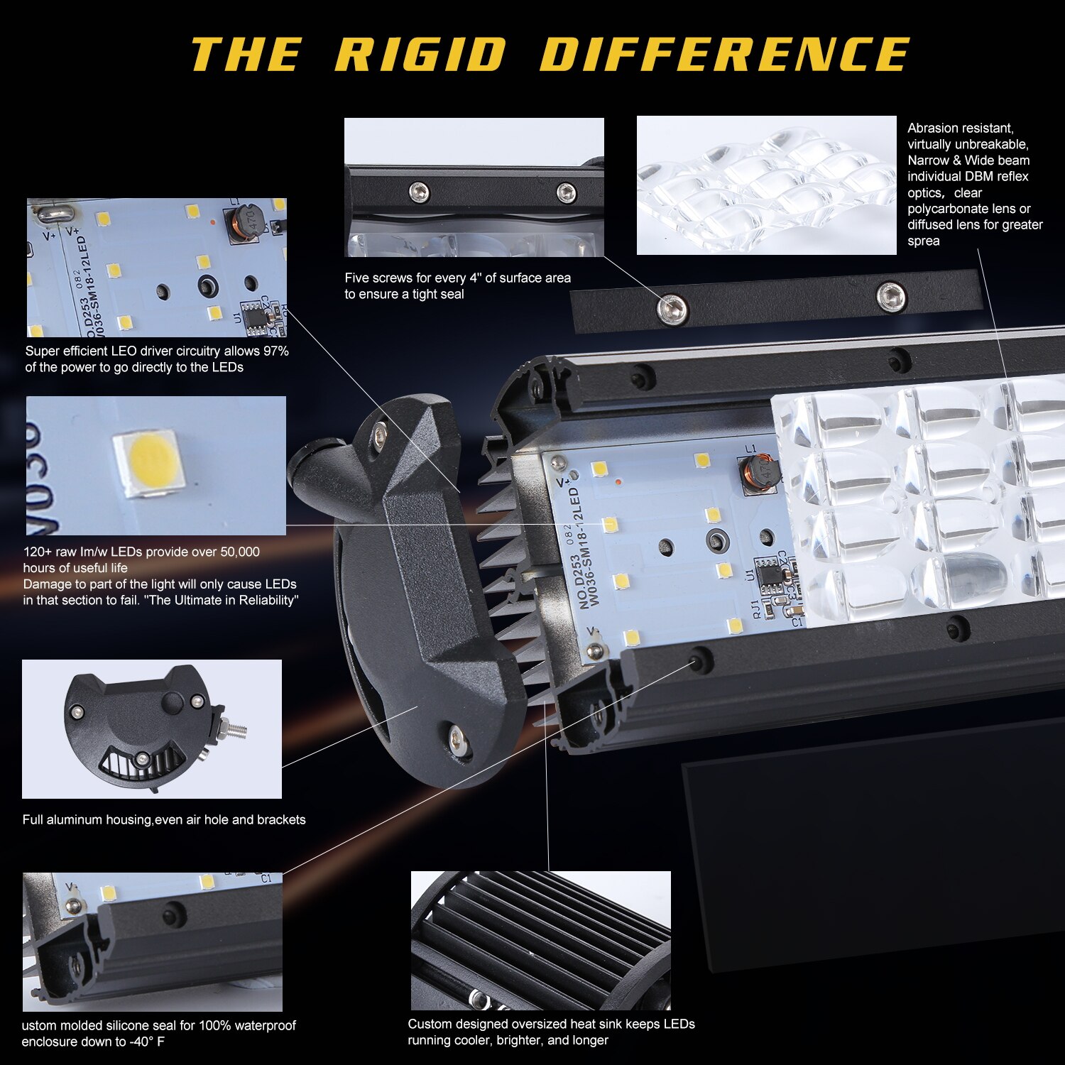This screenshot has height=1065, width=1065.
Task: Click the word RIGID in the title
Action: [420, 54]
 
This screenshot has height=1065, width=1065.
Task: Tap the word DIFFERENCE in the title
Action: [724, 54]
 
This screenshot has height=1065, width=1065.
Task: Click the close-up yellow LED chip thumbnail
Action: [155, 465]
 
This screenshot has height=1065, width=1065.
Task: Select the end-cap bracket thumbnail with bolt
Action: [151, 728]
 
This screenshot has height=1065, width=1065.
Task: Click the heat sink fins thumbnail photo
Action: [540, 940]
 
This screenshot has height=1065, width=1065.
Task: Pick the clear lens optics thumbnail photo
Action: [766, 185]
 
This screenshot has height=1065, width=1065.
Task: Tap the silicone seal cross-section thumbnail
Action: [152, 941]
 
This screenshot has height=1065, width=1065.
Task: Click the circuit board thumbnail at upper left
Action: [156, 267]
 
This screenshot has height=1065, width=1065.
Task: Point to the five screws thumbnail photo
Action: [474, 187]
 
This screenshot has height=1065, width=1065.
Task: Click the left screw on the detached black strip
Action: [672, 308]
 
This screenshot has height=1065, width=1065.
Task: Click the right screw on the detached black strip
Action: [891, 295]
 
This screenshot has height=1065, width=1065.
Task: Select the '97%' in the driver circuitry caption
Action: [275, 351]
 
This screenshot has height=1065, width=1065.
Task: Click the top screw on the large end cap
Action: [381, 431]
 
